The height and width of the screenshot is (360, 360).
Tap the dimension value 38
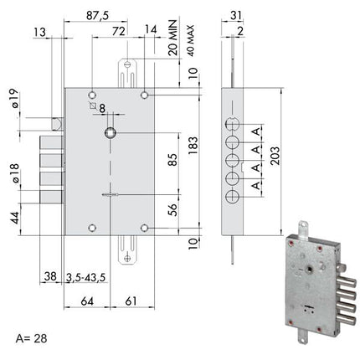[49, 277]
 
